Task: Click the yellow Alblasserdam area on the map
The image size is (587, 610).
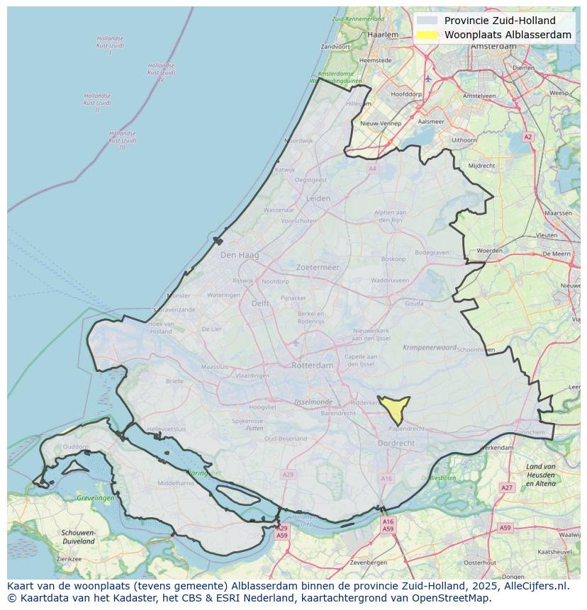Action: tap(393, 409)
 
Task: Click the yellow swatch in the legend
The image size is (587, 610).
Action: tap(427, 35)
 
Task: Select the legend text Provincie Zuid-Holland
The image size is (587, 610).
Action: tap(500, 21)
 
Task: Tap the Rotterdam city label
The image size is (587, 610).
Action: tap(312, 365)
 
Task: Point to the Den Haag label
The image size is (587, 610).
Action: tap(240, 254)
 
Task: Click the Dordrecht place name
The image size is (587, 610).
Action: tap(397, 443)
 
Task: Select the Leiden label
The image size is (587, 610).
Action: tap(318, 198)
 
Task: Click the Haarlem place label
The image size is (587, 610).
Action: tap(383, 34)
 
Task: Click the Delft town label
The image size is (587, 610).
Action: tap(260, 303)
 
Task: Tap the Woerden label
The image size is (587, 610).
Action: tap(489, 251)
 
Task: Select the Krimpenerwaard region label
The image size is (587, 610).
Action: tap(430, 348)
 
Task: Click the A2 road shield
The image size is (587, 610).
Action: tap(527, 137)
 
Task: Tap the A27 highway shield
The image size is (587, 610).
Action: tap(506, 487)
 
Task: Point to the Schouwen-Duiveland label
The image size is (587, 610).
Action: tap(78, 536)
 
